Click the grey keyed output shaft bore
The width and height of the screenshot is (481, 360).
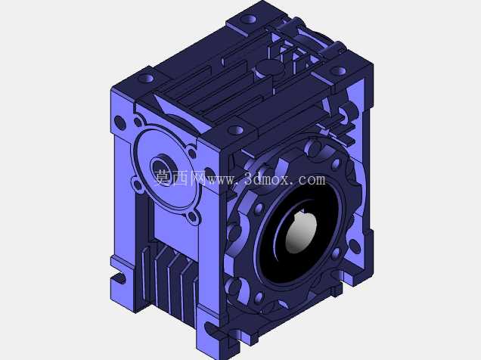[x=301, y=234]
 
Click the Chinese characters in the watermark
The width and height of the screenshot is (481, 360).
[x=180, y=178]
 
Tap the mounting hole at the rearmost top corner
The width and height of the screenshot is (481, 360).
[x=248, y=20]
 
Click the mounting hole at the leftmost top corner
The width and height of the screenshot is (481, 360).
[x=146, y=79]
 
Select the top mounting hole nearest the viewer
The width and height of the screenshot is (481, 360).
[x=236, y=130]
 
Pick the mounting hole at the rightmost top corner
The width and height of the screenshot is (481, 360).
[x=339, y=71]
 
